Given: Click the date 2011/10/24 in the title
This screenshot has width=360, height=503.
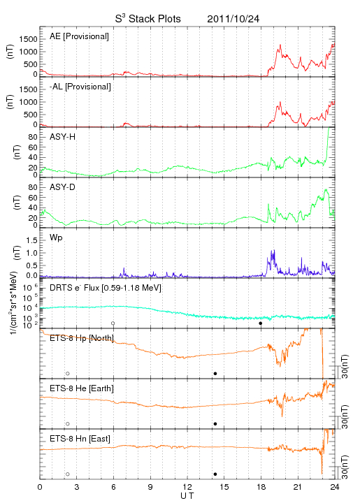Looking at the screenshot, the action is click(x=233, y=19).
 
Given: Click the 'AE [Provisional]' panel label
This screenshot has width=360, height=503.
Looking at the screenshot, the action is click(x=79, y=36).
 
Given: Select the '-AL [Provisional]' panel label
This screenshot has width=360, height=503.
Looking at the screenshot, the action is click(x=80, y=87).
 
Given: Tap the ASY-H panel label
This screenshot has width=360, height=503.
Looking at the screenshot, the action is click(x=63, y=137).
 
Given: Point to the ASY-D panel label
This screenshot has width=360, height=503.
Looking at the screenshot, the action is click(x=63, y=187).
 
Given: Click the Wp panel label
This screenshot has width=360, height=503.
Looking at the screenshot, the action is click(x=56, y=238).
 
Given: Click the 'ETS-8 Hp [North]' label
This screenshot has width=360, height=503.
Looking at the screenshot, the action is click(x=82, y=338).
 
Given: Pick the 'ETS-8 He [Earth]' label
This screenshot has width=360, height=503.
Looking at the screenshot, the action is click(x=82, y=389).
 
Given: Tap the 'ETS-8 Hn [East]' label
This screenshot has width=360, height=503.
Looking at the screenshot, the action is click(x=80, y=439).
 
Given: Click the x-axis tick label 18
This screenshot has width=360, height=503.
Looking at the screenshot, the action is click(x=261, y=487).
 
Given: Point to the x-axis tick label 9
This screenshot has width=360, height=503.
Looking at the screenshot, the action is click(x=150, y=487).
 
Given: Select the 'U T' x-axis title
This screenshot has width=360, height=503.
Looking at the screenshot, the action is click(x=187, y=496).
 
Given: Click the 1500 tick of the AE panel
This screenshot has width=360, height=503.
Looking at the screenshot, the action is click(x=28, y=39).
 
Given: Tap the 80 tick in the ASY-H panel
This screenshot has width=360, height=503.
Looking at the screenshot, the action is click(x=33, y=138).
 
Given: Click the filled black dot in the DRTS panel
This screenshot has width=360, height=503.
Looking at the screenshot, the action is click(x=261, y=323).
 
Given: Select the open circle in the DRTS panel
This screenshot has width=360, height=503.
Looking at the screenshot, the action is click(x=113, y=323).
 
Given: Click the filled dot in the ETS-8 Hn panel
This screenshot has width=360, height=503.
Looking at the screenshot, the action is click(x=215, y=474).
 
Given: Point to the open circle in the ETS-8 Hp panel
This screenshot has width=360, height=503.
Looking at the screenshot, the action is click(x=68, y=374).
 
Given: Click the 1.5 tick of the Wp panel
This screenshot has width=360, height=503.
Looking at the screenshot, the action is click(x=31, y=240).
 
